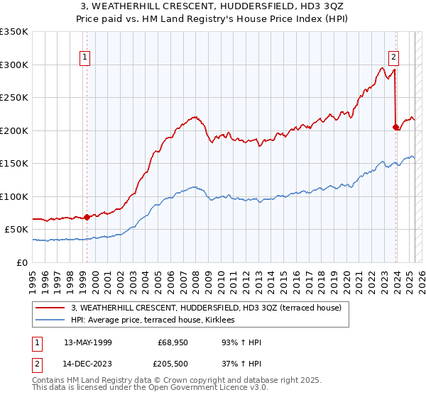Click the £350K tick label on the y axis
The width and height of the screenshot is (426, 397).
(x=14, y=32)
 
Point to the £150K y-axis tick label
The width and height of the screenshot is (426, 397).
(x=14, y=163)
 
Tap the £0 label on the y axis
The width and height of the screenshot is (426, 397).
(x=22, y=262)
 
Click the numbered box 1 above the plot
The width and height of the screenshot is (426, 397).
(x=85, y=57)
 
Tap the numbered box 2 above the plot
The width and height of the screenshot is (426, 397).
(x=393, y=57)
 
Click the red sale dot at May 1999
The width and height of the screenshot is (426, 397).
(x=87, y=217)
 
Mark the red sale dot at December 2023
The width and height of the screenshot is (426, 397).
(x=395, y=128)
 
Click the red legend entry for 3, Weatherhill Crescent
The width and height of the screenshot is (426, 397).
(x=207, y=307)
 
